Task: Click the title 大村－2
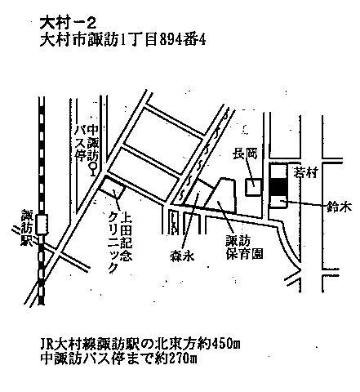(68, 24)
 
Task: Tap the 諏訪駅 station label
(27, 228)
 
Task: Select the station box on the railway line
(42, 225)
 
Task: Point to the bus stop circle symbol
(94, 166)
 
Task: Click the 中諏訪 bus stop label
(94, 143)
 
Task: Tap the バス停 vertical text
(80, 145)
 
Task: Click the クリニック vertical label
(113, 242)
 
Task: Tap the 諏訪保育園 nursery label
(244, 247)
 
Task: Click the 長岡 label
(244, 154)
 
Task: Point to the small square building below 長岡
(254, 187)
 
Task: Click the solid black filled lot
(278, 187)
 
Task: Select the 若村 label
(305, 173)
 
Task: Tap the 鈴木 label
(339, 207)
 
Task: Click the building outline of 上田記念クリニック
(113, 188)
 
